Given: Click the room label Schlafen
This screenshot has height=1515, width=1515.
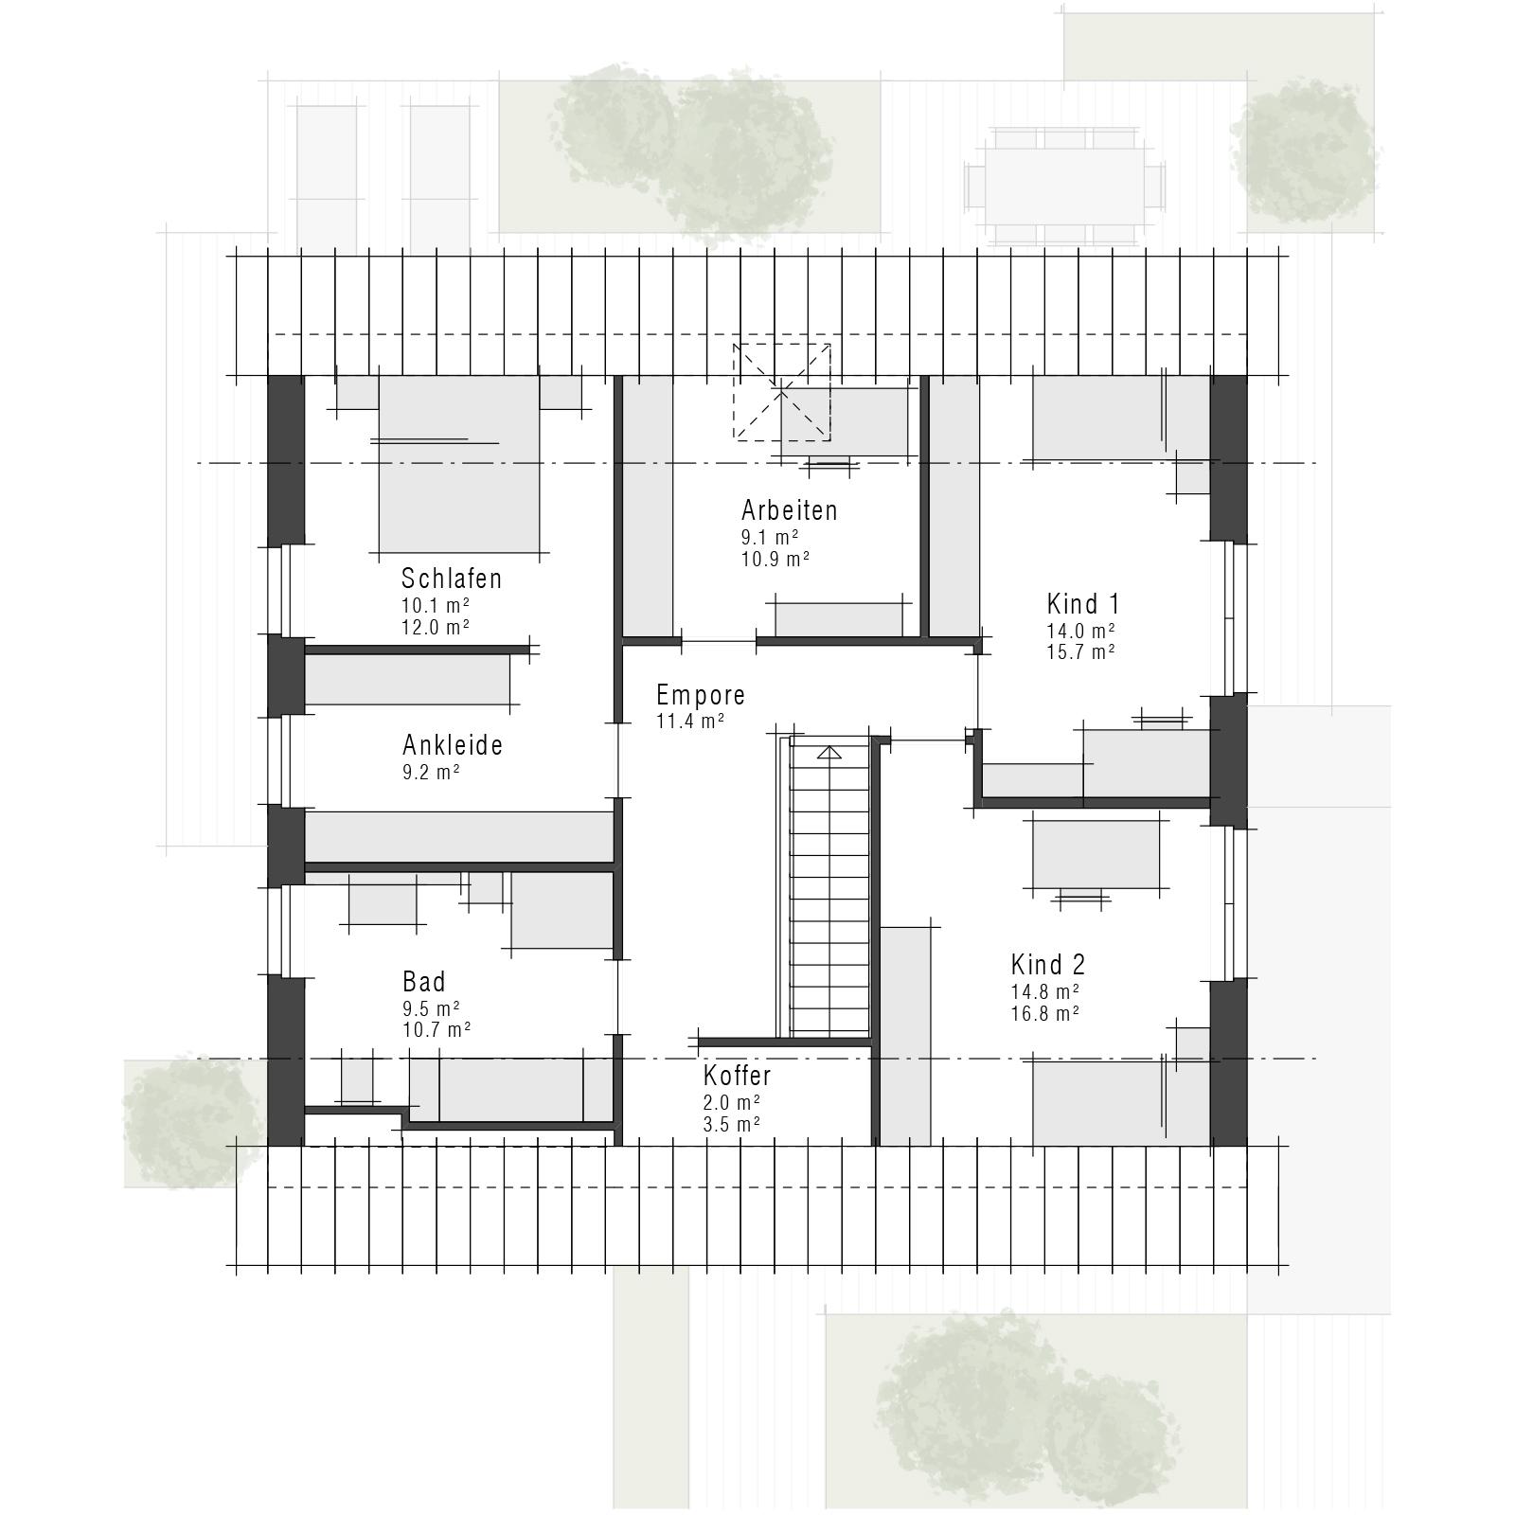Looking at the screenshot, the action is click(x=452, y=578).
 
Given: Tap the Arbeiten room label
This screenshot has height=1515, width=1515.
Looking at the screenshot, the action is click(x=790, y=510).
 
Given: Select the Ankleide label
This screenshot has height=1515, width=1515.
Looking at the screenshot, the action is click(x=453, y=745).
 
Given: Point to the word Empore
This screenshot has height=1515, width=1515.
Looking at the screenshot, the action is click(x=701, y=695).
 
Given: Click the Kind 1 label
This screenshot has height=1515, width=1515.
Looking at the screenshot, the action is click(x=1083, y=604).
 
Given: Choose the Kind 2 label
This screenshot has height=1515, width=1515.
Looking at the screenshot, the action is click(x=1048, y=965).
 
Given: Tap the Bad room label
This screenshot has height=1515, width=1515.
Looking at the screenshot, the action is click(x=423, y=981).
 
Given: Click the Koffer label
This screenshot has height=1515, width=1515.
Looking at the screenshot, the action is click(x=738, y=1076).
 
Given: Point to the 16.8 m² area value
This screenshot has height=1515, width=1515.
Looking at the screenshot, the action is click(x=1045, y=1014).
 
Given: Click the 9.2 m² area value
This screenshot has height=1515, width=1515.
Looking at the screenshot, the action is click(x=431, y=772).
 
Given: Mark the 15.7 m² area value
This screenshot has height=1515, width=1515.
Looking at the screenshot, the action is click(x=1080, y=652).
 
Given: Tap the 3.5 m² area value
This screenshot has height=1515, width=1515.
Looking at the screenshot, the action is click(x=732, y=1125).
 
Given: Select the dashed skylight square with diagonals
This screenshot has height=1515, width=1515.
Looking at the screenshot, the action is click(x=782, y=392).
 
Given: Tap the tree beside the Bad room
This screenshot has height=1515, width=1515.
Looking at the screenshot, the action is click(x=192, y=1122).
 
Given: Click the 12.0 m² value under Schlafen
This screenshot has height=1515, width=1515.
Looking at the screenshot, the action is click(x=437, y=628).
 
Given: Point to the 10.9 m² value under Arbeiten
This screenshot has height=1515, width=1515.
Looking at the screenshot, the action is click(x=775, y=559).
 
